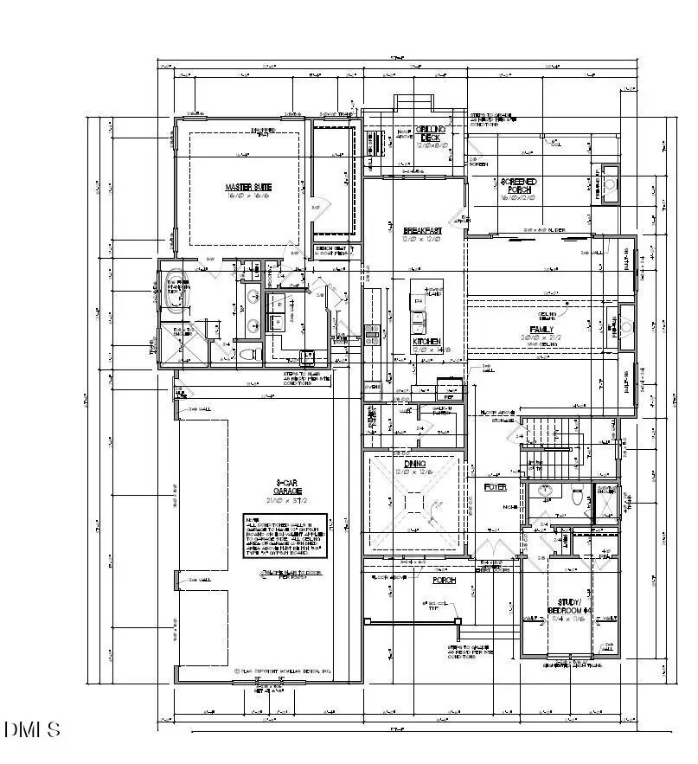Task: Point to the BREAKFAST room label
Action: tap(423, 231)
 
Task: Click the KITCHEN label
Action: tap(426, 343)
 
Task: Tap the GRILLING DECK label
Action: tap(431, 134)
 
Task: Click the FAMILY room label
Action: tap(541, 331)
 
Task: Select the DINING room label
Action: tap(413, 465)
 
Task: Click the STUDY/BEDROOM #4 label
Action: tap(569, 606)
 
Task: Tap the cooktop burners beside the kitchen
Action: tap(373, 334)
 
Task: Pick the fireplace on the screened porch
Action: tap(609, 185)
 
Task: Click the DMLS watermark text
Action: tap(32, 729)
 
